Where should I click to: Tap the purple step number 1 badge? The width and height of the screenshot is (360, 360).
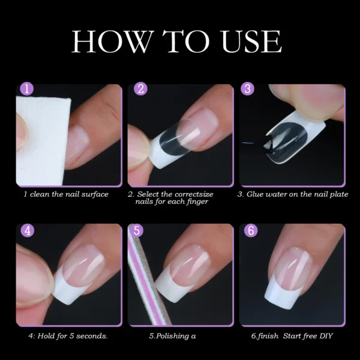pos(27,90)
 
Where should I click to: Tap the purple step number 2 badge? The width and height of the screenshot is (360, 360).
pos(140,90)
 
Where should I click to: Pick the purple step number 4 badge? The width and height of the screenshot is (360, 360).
pos(27,230)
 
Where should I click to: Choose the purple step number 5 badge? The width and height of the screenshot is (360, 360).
pos(137,230)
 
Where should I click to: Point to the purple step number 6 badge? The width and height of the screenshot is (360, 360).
pos(248,230)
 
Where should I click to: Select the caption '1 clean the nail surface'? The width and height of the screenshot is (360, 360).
pos(66,194)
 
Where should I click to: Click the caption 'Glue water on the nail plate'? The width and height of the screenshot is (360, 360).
pos(298,194)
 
